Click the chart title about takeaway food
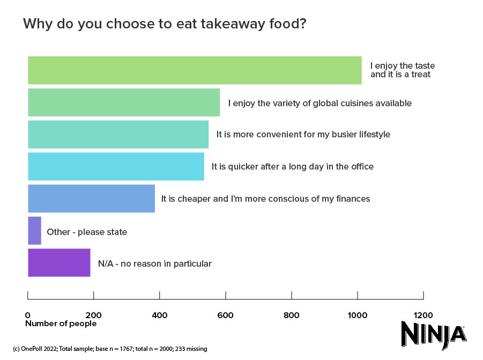coord(165,25)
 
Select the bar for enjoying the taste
coord(195,70)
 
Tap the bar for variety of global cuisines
coord(124,102)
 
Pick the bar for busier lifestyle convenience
coord(118,134)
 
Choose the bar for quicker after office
coord(116,166)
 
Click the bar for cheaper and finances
coord(91,199)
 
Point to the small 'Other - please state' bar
coord(34,231)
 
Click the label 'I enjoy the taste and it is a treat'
coord(402,70)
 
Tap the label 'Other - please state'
coord(87,232)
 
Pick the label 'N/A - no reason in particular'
coord(155,264)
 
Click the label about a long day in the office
coord(293,167)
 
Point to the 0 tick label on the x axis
coord(28,315)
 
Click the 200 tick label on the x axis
coord(94,315)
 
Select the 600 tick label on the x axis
coord(226,315)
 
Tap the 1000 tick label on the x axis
coord(358,315)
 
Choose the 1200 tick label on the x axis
coord(423,315)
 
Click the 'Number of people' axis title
coord(61,324)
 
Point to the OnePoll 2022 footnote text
coord(110,349)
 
